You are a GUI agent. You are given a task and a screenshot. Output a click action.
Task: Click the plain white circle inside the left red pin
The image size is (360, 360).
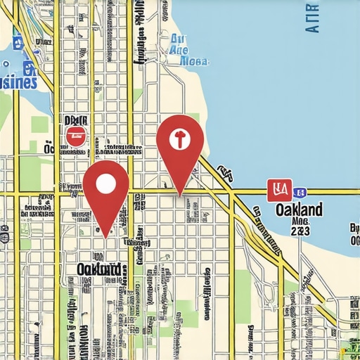105,184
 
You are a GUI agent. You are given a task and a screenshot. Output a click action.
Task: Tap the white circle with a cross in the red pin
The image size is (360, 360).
179,139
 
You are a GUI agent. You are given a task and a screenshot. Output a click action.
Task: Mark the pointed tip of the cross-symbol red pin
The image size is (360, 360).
180,195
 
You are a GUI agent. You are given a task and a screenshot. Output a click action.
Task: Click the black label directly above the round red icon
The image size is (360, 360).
75,120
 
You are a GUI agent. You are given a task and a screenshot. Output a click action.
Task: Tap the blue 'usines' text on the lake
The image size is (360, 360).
18,82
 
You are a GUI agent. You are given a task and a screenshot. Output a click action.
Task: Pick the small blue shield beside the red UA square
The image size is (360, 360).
300,191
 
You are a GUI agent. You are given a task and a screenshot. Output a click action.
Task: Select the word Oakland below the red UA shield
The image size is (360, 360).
299,210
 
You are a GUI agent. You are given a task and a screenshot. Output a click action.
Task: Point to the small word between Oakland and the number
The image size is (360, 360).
300,219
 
